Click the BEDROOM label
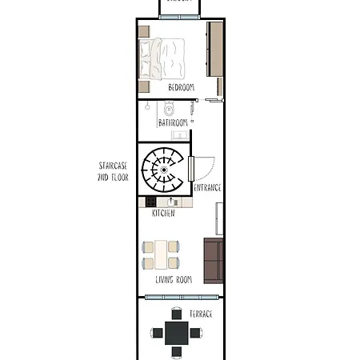[181, 87]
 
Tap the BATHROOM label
[173, 122]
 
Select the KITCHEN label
[163, 214]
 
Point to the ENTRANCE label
[208, 188]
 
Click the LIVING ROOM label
[174, 279]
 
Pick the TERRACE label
[201, 314]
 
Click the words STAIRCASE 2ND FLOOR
[113, 171]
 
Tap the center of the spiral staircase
[165, 170]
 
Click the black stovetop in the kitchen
[150, 202]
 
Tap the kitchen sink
[172, 202]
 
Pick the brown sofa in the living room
[213, 261]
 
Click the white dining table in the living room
[162, 255]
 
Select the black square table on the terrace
[177, 332]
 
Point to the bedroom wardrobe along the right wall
[214, 49]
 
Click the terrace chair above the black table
[177, 314]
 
